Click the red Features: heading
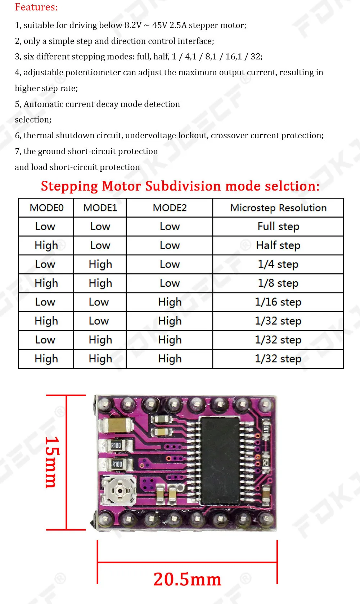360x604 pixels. (x=36, y=7)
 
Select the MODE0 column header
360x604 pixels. (x=46, y=208)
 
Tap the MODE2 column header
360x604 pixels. (x=170, y=208)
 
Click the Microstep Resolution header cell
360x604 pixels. (x=278, y=208)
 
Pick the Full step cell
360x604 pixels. (x=278, y=227)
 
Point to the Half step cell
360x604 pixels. (x=278, y=245)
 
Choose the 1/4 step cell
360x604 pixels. (x=278, y=264)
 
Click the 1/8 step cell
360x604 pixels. (x=278, y=283)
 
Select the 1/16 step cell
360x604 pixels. (x=278, y=302)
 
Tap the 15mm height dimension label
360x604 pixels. (x=52, y=462)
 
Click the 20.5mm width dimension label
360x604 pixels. (x=187, y=579)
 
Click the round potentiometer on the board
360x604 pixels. (x=119, y=490)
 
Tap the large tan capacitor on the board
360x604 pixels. (x=116, y=425)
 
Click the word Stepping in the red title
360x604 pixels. (x=69, y=186)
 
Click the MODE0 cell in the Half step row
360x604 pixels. (x=46, y=245)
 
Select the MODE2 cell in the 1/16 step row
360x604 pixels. (x=170, y=302)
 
